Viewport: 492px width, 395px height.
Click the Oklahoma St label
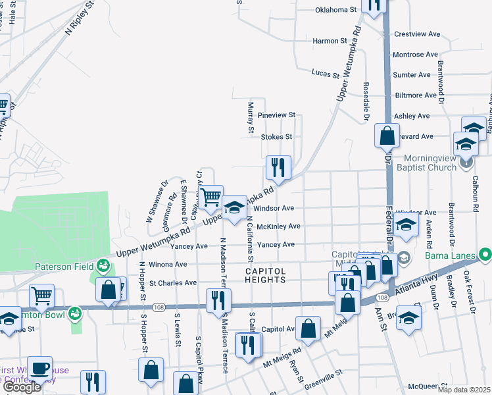[335, 10]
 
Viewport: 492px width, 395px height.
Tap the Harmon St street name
[330, 41]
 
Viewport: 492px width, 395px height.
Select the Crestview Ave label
[416, 34]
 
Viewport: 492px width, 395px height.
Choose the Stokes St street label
[276, 137]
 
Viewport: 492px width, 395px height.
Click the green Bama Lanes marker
[486, 253]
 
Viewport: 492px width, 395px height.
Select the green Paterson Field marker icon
[103, 265]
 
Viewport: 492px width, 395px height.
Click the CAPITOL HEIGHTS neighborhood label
[266, 275]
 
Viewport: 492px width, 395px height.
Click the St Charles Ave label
[173, 283]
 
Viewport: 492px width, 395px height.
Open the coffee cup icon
[39, 368]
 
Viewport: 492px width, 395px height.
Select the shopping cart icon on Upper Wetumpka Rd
[210, 197]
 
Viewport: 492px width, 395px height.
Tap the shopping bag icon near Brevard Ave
[387, 136]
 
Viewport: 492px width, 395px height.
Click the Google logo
[22, 388]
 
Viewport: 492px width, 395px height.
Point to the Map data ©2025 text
[463, 390]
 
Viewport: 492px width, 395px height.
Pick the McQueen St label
[427, 386]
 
